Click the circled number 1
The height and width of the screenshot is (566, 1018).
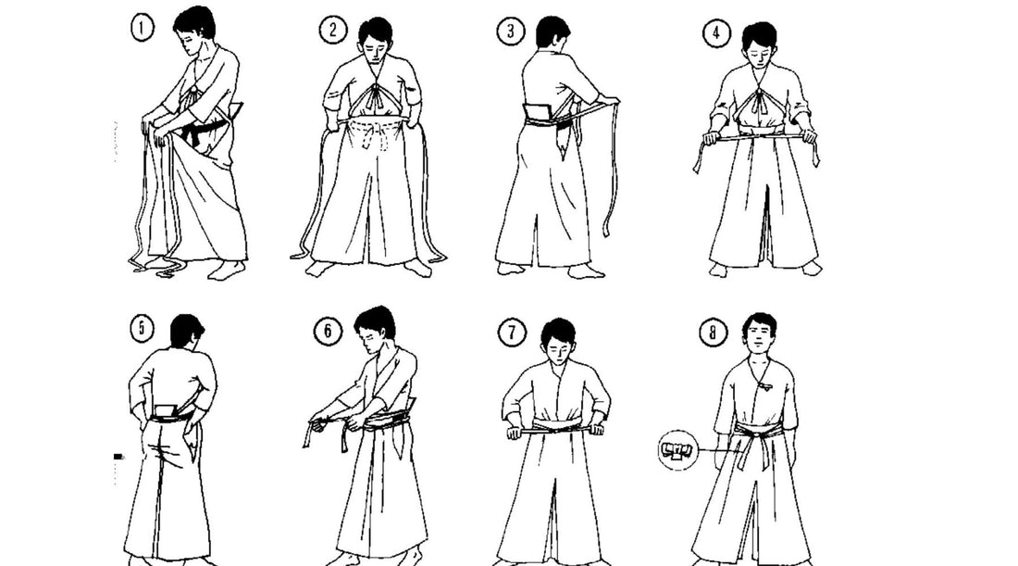[142, 30]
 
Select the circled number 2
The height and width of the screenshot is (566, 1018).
[332, 31]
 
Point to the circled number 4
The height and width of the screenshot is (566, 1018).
[716, 34]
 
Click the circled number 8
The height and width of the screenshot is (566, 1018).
[713, 333]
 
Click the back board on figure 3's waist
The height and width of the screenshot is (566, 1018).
[538, 115]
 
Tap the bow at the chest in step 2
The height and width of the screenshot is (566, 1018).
[376, 96]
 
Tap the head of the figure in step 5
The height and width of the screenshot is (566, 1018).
[188, 332]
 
